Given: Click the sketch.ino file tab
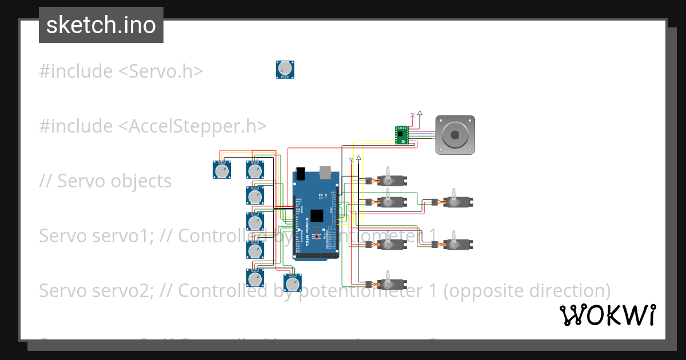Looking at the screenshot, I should (101, 25).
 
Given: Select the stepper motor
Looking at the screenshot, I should (455, 135).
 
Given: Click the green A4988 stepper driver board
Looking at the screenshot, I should (402, 135).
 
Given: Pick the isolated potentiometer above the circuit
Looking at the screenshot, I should (285, 70).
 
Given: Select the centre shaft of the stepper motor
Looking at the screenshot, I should (455, 135).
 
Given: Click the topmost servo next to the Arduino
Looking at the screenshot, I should (391, 181).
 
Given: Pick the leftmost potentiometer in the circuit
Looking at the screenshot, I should (222, 169).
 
